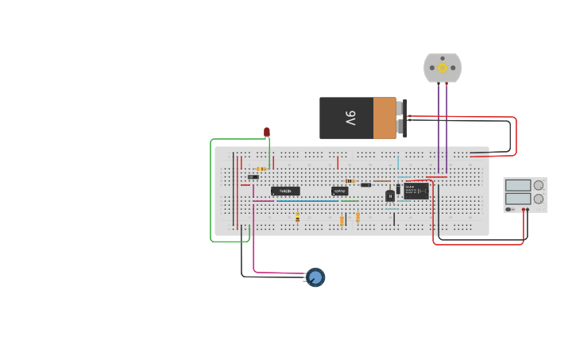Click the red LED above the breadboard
pyautogui.click(x=267, y=131)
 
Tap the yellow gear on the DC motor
pyautogui.click(x=443, y=68)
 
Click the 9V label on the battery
pyautogui.click(x=350, y=118)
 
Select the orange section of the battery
pyautogui.click(x=385, y=118)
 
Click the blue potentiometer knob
pyautogui.click(x=315, y=277)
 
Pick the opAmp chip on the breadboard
pyautogui.click(x=339, y=191)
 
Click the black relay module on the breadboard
pyautogui.click(x=416, y=191)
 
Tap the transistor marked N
pyautogui.click(x=390, y=195)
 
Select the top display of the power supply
pyautogui.click(x=517, y=185)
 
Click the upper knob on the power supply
pyautogui.click(x=539, y=185)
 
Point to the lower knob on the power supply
pyautogui.click(x=539, y=198)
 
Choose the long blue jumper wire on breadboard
pyautogui.click(x=307, y=201)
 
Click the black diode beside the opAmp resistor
pyautogui.click(x=365, y=185)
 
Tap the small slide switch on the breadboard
pyautogui.click(x=253, y=176)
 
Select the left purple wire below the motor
pyautogui.click(x=439, y=119)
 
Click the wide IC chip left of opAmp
pyautogui.click(x=285, y=191)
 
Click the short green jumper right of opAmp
pyautogui.click(x=350, y=201)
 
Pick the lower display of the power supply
pyautogui.click(x=517, y=198)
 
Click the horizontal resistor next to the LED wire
pyautogui.click(x=261, y=168)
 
